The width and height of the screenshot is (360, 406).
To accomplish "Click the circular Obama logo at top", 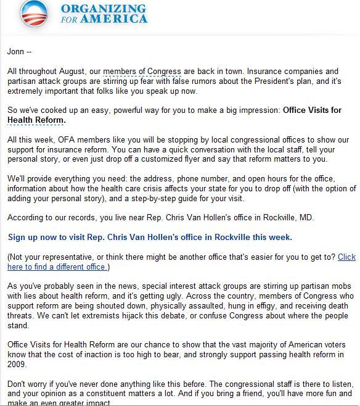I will pos(33,13).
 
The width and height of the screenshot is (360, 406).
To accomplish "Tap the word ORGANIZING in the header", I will pos(104,9).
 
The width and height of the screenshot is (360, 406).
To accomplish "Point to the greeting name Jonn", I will pos(15,52).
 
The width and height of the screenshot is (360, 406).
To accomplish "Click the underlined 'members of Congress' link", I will pos(142,72).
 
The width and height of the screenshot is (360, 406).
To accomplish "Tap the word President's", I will pos(281,81).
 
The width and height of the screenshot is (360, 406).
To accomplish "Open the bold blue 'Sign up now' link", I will pos(150,238).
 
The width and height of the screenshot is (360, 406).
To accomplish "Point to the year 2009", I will pos(18,365).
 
